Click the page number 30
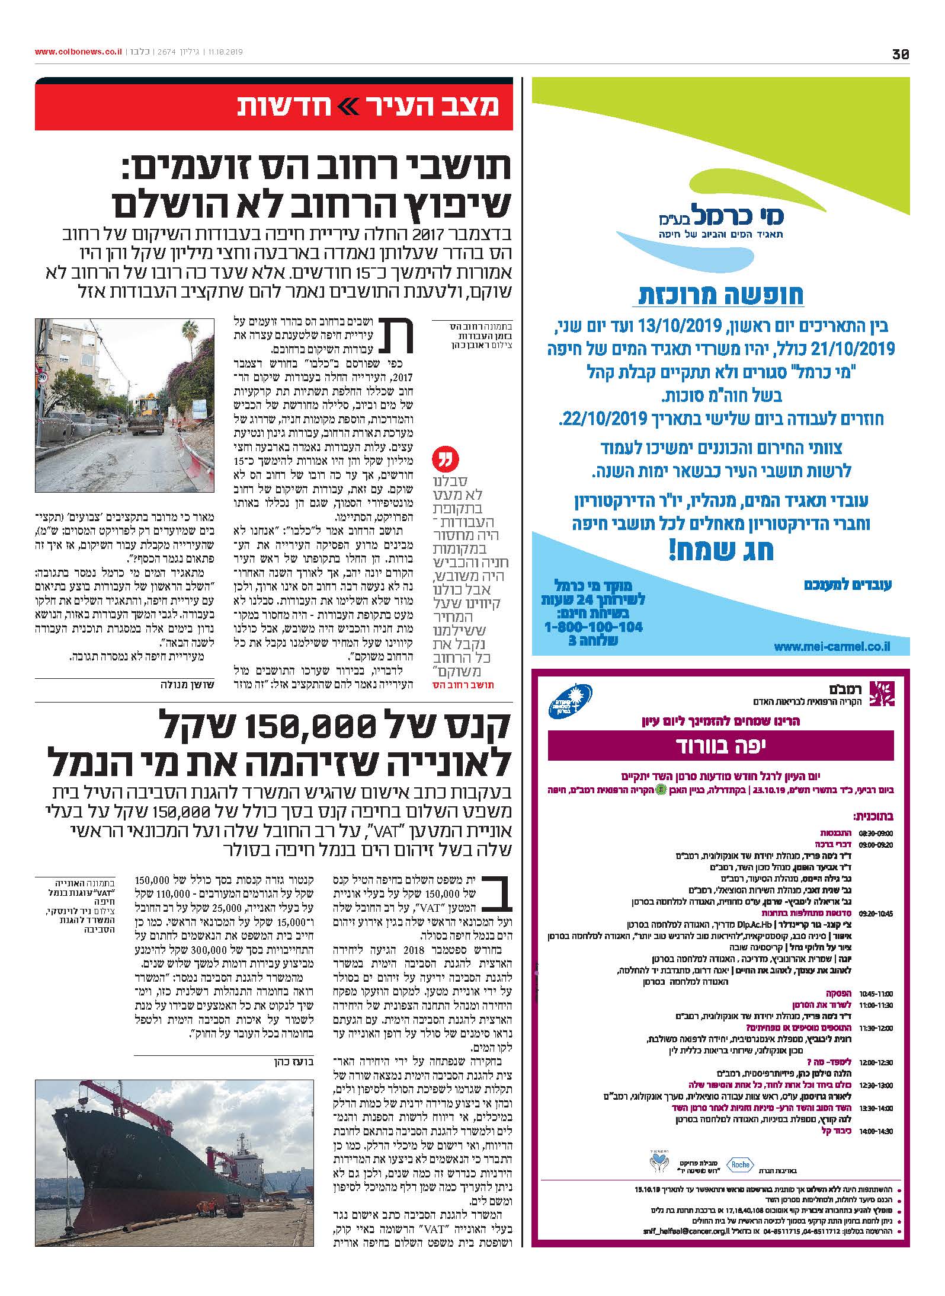(x=901, y=54)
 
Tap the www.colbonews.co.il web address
(x=78, y=52)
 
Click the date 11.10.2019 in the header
(x=226, y=52)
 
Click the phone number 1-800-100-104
(x=593, y=627)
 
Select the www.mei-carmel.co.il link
(x=832, y=647)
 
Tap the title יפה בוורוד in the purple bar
(x=720, y=746)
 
